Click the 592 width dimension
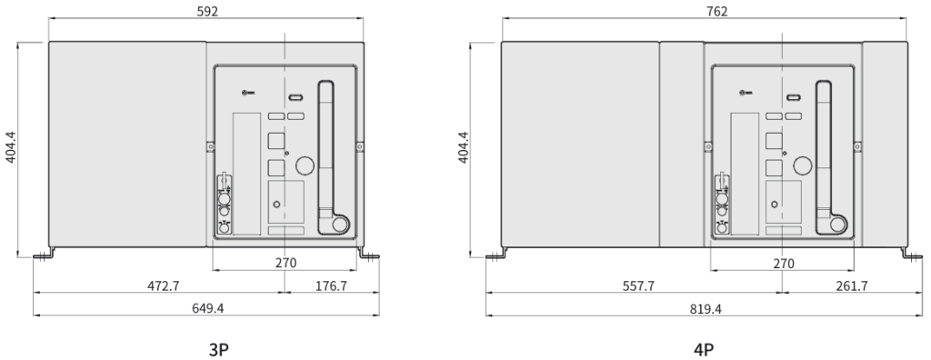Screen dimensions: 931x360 coord(206,11)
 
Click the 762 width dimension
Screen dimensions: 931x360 coord(717,11)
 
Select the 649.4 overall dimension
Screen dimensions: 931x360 coord(208,307)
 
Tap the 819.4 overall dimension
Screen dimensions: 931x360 coord(706,309)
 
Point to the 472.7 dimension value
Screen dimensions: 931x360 coord(164,285)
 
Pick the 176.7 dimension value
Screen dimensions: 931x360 coord(331,285)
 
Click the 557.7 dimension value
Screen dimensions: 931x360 coord(638,285)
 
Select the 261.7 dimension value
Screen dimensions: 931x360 coord(851,285)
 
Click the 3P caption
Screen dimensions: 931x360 coord(218,350)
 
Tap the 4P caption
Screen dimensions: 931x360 coord(704,350)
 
